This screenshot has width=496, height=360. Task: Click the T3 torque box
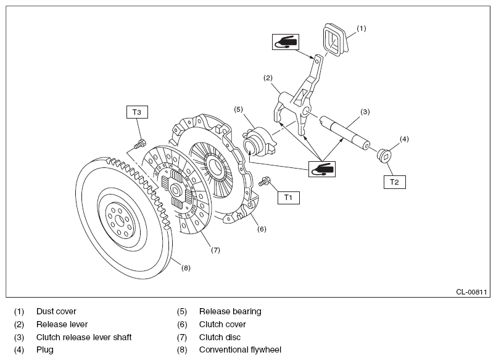click(137, 112)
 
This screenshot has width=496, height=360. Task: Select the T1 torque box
click(289, 198)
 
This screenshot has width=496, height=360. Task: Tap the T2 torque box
click(394, 182)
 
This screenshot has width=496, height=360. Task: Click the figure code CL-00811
click(471, 292)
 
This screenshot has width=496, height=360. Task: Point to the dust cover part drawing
click(335, 40)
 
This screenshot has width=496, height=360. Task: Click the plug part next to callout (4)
click(385, 156)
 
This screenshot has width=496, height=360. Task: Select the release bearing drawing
click(259, 141)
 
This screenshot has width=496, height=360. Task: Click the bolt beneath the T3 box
click(139, 144)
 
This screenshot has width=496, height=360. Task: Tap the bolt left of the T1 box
click(264, 182)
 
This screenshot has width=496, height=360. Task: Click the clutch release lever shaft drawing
click(344, 132)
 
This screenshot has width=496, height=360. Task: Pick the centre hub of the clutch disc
click(175, 190)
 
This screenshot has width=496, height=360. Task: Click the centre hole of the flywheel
click(119, 220)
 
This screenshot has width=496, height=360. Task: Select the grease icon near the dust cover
click(286, 42)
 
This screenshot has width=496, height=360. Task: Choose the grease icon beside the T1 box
click(321, 169)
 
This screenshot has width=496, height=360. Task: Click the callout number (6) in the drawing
click(262, 229)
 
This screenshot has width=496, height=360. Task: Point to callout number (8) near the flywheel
click(186, 268)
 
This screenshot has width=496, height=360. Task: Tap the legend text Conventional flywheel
click(240, 350)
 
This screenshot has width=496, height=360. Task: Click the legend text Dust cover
click(56, 312)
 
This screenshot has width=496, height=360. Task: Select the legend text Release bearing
click(230, 312)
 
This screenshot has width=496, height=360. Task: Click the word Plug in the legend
click(45, 350)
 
